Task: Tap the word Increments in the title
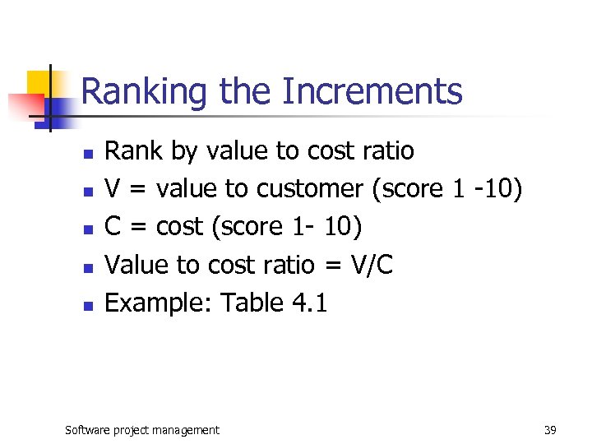(x=372, y=92)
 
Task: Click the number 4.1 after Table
(x=310, y=303)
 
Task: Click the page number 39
(x=550, y=429)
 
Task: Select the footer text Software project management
(x=142, y=429)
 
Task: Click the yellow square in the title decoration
(x=39, y=82)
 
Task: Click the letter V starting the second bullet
(x=113, y=189)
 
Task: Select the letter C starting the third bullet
(x=114, y=227)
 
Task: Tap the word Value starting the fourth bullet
(x=134, y=265)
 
